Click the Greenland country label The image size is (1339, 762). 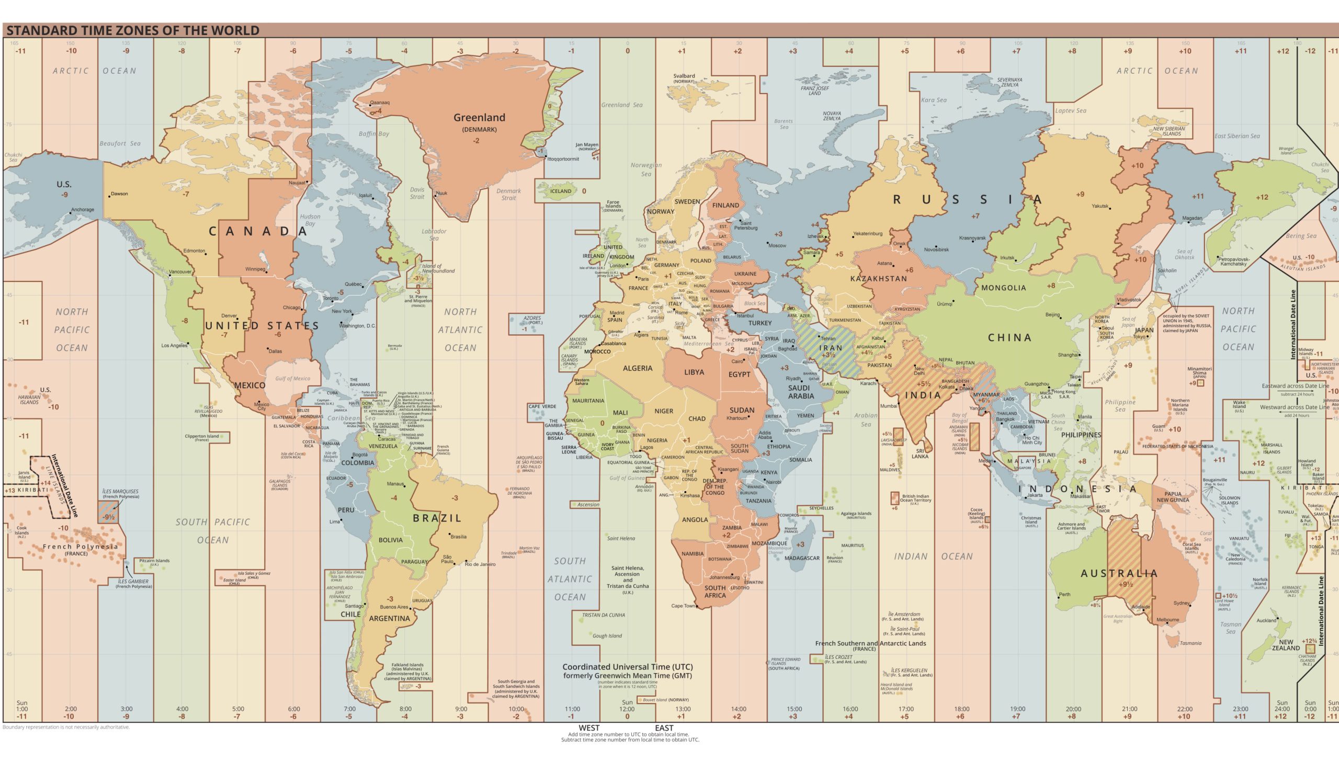pos(479,118)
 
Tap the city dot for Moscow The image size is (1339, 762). pos(768,243)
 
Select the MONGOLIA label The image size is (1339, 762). pos(1003,288)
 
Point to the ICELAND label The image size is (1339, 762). pos(560,191)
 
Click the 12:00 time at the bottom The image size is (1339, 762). pos(627,709)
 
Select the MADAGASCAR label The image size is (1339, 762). pos(802,558)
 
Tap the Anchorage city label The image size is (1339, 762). pos(83,209)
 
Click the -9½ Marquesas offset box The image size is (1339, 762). pos(108,517)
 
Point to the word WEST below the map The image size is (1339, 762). pos(588,727)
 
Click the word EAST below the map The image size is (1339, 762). pos(664,727)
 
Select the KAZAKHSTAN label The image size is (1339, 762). pos(878,279)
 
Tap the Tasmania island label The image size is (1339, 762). pos(1190,643)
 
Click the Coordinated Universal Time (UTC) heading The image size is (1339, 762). pos(627,667)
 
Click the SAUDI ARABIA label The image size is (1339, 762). pos(801,392)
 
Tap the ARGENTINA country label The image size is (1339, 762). pos(389,619)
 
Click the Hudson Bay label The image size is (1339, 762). pos(310,220)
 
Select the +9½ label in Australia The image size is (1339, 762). pos(1125,585)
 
